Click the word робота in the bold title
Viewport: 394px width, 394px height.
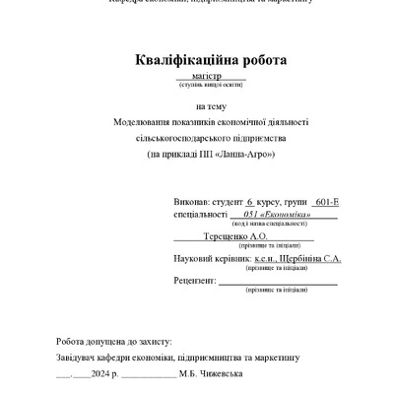(256, 61)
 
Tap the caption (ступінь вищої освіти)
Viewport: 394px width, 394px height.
(210, 85)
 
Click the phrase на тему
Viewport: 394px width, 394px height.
(210, 105)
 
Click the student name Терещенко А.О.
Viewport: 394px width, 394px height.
(232, 237)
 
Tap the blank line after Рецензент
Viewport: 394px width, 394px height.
(277, 283)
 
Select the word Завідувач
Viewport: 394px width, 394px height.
(80, 356)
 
